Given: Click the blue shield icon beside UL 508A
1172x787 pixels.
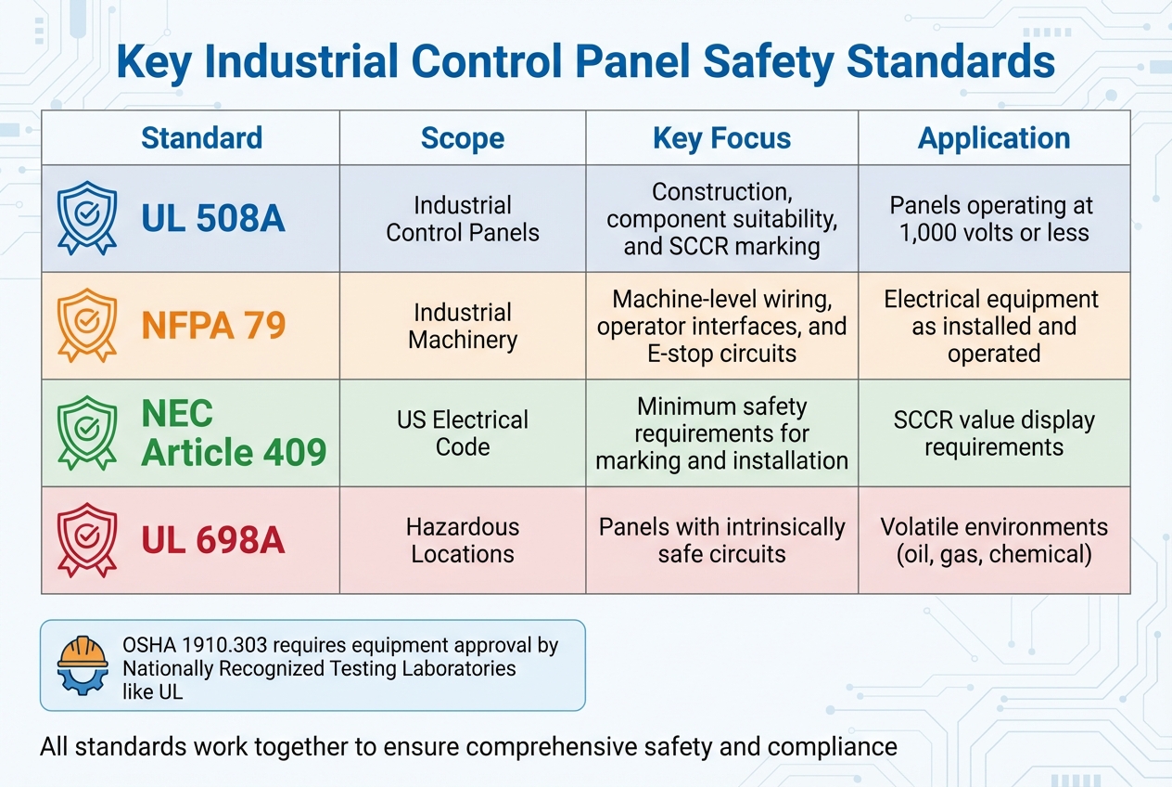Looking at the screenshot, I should pos(86,218).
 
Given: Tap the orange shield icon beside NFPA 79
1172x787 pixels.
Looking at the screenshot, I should pos(86,325).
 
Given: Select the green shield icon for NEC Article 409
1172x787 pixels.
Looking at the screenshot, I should pos(86,432).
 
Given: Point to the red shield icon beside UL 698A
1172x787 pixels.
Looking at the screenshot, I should pos(86,539).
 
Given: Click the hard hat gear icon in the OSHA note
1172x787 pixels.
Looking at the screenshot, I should pos(83,664).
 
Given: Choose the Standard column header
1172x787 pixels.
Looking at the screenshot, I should pos(201,138).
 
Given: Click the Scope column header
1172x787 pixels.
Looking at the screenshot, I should pos(462,138).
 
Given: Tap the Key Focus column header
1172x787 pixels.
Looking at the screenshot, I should pos(721,138).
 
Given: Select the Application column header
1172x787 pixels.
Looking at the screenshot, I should pos(993,138).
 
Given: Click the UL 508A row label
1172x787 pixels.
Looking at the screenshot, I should pos(212,219).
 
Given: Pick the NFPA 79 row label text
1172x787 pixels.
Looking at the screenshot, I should pos(212,326).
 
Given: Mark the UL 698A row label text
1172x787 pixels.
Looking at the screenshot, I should pos(212,540).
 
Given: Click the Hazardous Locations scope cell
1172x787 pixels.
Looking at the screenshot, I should pos(462,540).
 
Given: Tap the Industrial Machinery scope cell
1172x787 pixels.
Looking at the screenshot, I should pos(462,326).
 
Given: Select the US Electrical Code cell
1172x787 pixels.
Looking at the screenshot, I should pos(462,432).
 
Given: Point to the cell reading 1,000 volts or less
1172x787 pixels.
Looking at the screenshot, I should pos(993,219).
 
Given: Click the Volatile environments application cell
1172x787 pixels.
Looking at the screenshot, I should pos(993,540).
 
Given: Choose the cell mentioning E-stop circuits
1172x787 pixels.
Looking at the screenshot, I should pos(721,327).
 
